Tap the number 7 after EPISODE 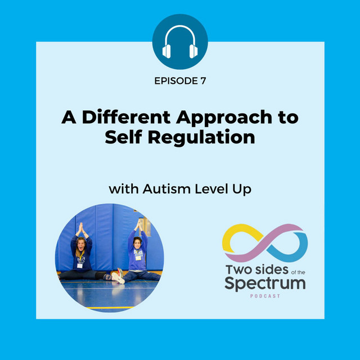click(202, 80)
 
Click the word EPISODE click(175, 80)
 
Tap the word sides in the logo click(265, 267)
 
